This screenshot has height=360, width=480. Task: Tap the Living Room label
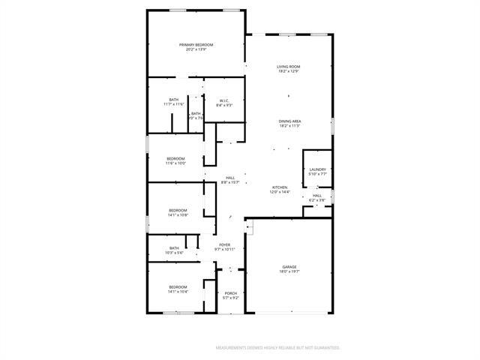(289, 67)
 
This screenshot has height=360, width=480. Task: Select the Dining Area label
(289, 121)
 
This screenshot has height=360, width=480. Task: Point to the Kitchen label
(279, 187)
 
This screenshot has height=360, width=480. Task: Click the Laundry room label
(317, 169)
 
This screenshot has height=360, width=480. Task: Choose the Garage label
(289, 266)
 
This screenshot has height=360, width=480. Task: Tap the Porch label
(231, 292)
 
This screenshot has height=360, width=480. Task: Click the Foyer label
(225, 244)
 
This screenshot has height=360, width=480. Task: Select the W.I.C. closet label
(223, 100)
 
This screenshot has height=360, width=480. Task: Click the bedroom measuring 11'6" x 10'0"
(175, 163)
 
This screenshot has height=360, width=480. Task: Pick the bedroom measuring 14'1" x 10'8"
(178, 214)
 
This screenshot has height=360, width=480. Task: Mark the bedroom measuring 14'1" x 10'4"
(178, 291)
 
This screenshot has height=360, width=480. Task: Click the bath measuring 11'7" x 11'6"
(174, 104)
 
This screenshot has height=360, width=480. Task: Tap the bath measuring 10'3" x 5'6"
(174, 253)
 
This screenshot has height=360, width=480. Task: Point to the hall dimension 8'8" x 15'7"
(229, 182)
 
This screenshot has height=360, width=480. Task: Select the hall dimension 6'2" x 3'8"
(316, 200)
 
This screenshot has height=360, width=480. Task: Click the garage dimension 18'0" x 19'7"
(289, 271)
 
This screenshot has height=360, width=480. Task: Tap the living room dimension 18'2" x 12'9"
(289, 71)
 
